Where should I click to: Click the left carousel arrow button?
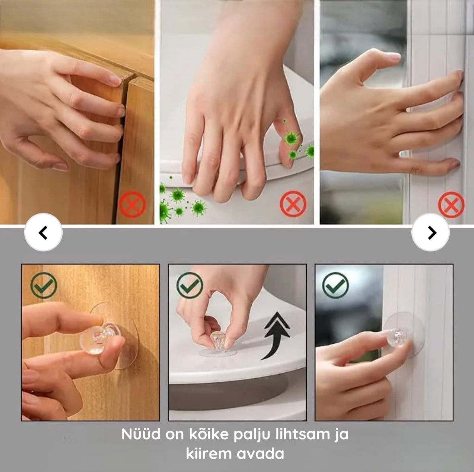[43, 232]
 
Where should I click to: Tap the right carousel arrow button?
[431, 232]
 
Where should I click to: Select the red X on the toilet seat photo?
[293, 204]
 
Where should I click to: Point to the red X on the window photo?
[451, 205]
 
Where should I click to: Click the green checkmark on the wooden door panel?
[43, 285]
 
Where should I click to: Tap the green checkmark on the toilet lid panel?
[190, 285]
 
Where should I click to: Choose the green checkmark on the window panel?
[336, 285]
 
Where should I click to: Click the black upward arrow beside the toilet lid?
[277, 336]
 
